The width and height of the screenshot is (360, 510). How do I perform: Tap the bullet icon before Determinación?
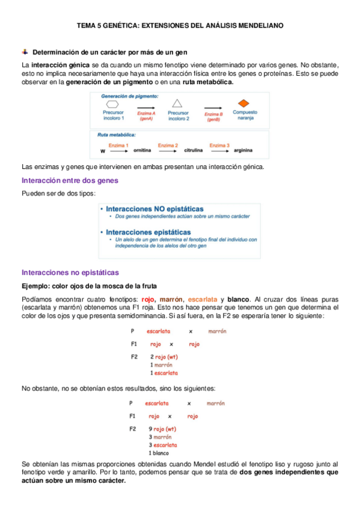click(x=25, y=53)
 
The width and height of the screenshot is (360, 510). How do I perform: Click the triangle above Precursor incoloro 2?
click(x=177, y=103)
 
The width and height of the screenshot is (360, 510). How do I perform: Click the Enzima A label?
click(x=146, y=114)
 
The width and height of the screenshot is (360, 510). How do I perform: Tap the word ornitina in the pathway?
click(x=142, y=150)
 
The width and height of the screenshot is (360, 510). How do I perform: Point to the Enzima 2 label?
click(x=168, y=145)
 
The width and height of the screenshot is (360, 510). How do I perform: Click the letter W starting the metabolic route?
click(x=103, y=151)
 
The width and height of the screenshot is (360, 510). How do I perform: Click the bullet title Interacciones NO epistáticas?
click(x=154, y=208)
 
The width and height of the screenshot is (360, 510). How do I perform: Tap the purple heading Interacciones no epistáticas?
click(x=70, y=272)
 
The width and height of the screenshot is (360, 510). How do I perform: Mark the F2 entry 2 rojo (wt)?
click(x=163, y=357)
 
